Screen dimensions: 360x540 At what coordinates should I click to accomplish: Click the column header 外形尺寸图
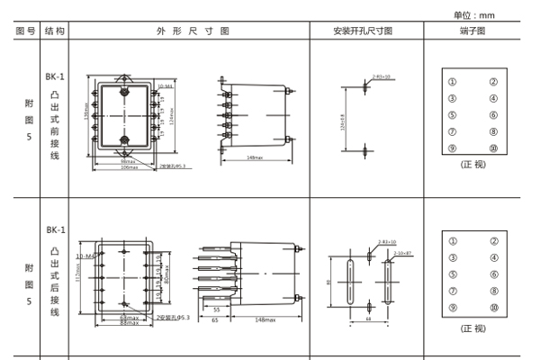tap(189, 31)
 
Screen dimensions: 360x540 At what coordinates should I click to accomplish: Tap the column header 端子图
tap(472, 31)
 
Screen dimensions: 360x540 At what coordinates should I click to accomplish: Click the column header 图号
tap(27, 31)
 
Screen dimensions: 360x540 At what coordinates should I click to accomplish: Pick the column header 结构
tap(56, 31)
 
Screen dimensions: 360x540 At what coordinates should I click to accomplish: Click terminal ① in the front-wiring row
tap(453, 82)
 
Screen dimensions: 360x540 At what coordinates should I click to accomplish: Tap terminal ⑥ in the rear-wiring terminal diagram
tap(493, 274)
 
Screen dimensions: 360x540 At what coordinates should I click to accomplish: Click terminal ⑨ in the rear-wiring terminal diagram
tap(453, 308)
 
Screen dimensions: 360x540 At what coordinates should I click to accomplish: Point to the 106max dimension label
tap(129, 167)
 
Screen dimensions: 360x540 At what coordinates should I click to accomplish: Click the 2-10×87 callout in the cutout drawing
tap(401, 254)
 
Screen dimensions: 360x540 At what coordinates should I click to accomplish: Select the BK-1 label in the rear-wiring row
tap(56, 229)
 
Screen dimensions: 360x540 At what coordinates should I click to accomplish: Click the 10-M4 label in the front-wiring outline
tap(165, 87)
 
